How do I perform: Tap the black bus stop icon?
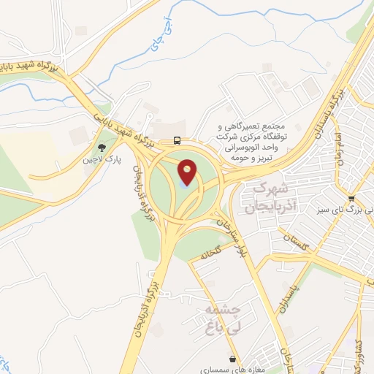(x=178, y=141)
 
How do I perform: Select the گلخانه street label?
(x=209, y=252)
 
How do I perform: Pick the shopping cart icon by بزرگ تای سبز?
(x=351, y=198)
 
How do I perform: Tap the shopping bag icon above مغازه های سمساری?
(x=233, y=359)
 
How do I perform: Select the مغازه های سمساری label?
(x=233, y=370)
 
